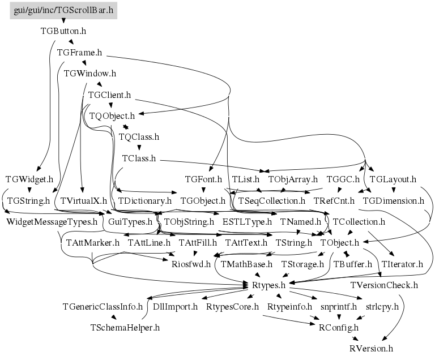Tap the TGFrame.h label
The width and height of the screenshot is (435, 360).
coord(79,53)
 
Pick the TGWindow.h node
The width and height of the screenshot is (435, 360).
coord(90,74)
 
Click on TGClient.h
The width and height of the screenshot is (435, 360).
coord(110,95)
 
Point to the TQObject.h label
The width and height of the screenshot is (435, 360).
coord(116,115)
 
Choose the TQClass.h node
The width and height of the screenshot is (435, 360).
coord(139,136)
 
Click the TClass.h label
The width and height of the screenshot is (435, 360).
coord(139,158)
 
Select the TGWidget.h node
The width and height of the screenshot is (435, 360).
coord(29,179)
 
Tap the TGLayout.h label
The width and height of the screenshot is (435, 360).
coord(393,179)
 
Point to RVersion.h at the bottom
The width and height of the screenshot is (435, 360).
coord(371,348)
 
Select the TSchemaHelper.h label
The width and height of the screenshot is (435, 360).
coord(125,327)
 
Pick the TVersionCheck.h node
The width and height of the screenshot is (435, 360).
coord(384,285)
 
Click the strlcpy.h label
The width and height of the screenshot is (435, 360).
coord(382,306)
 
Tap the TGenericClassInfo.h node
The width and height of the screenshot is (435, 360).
coord(103,306)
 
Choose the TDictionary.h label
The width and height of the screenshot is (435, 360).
coord(144,200)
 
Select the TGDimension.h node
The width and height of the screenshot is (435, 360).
coord(393,200)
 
